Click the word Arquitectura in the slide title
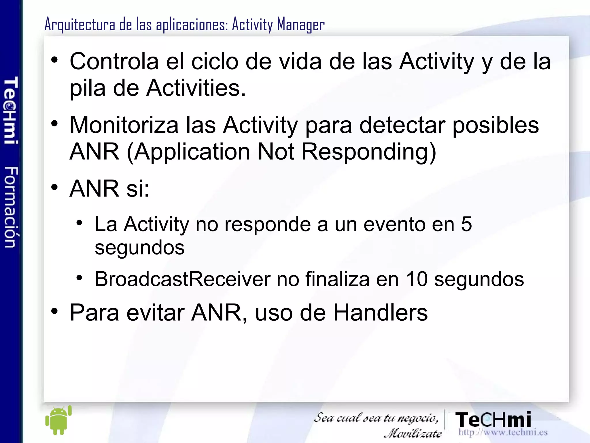[x=80, y=25]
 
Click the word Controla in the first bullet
[x=114, y=61]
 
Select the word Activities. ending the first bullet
[x=196, y=88]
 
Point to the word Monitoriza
[x=124, y=125]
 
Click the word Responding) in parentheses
[x=369, y=152]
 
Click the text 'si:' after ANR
[x=138, y=188]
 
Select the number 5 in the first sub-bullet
[x=466, y=224]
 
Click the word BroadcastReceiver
[x=182, y=279]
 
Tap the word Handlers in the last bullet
[x=380, y=313]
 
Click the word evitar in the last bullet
[x=156, y=313]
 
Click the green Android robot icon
[x=58, y=420]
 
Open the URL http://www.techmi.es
[x=503, y=432]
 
